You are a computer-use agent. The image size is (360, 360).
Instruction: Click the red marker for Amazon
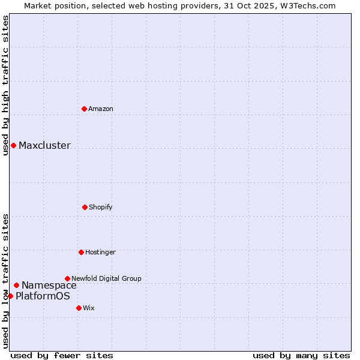(84, 109)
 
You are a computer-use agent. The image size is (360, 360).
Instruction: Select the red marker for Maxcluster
(13, 145)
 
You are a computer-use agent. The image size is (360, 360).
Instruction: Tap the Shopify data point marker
(85, 207)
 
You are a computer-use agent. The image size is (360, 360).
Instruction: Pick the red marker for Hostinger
(81, 252)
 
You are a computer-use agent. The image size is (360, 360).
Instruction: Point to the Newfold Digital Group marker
(67, 278)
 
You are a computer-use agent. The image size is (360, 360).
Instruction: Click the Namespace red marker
(16, 285)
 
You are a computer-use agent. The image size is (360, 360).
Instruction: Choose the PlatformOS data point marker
(10, 296)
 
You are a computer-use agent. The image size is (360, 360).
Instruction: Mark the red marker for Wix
(79, 308)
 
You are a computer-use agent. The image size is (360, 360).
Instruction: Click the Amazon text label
(101, 109)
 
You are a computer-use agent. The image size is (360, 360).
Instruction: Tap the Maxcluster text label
(44, 145)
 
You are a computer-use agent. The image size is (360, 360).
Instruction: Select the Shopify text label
(101, 207)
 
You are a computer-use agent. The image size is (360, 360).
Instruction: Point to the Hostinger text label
(100, 252)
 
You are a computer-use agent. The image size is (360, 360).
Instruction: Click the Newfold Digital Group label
(106, 278)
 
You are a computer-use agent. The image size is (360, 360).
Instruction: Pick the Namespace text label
(49, 285)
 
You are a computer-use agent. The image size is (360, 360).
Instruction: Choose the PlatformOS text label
(43, 296)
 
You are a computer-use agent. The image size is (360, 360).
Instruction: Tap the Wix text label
(89, 308)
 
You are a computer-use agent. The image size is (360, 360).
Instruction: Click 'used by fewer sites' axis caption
(62, 355)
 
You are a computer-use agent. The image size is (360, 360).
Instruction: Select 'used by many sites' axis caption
(301, 355)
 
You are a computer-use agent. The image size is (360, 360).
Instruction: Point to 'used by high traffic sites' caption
(5, 86)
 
